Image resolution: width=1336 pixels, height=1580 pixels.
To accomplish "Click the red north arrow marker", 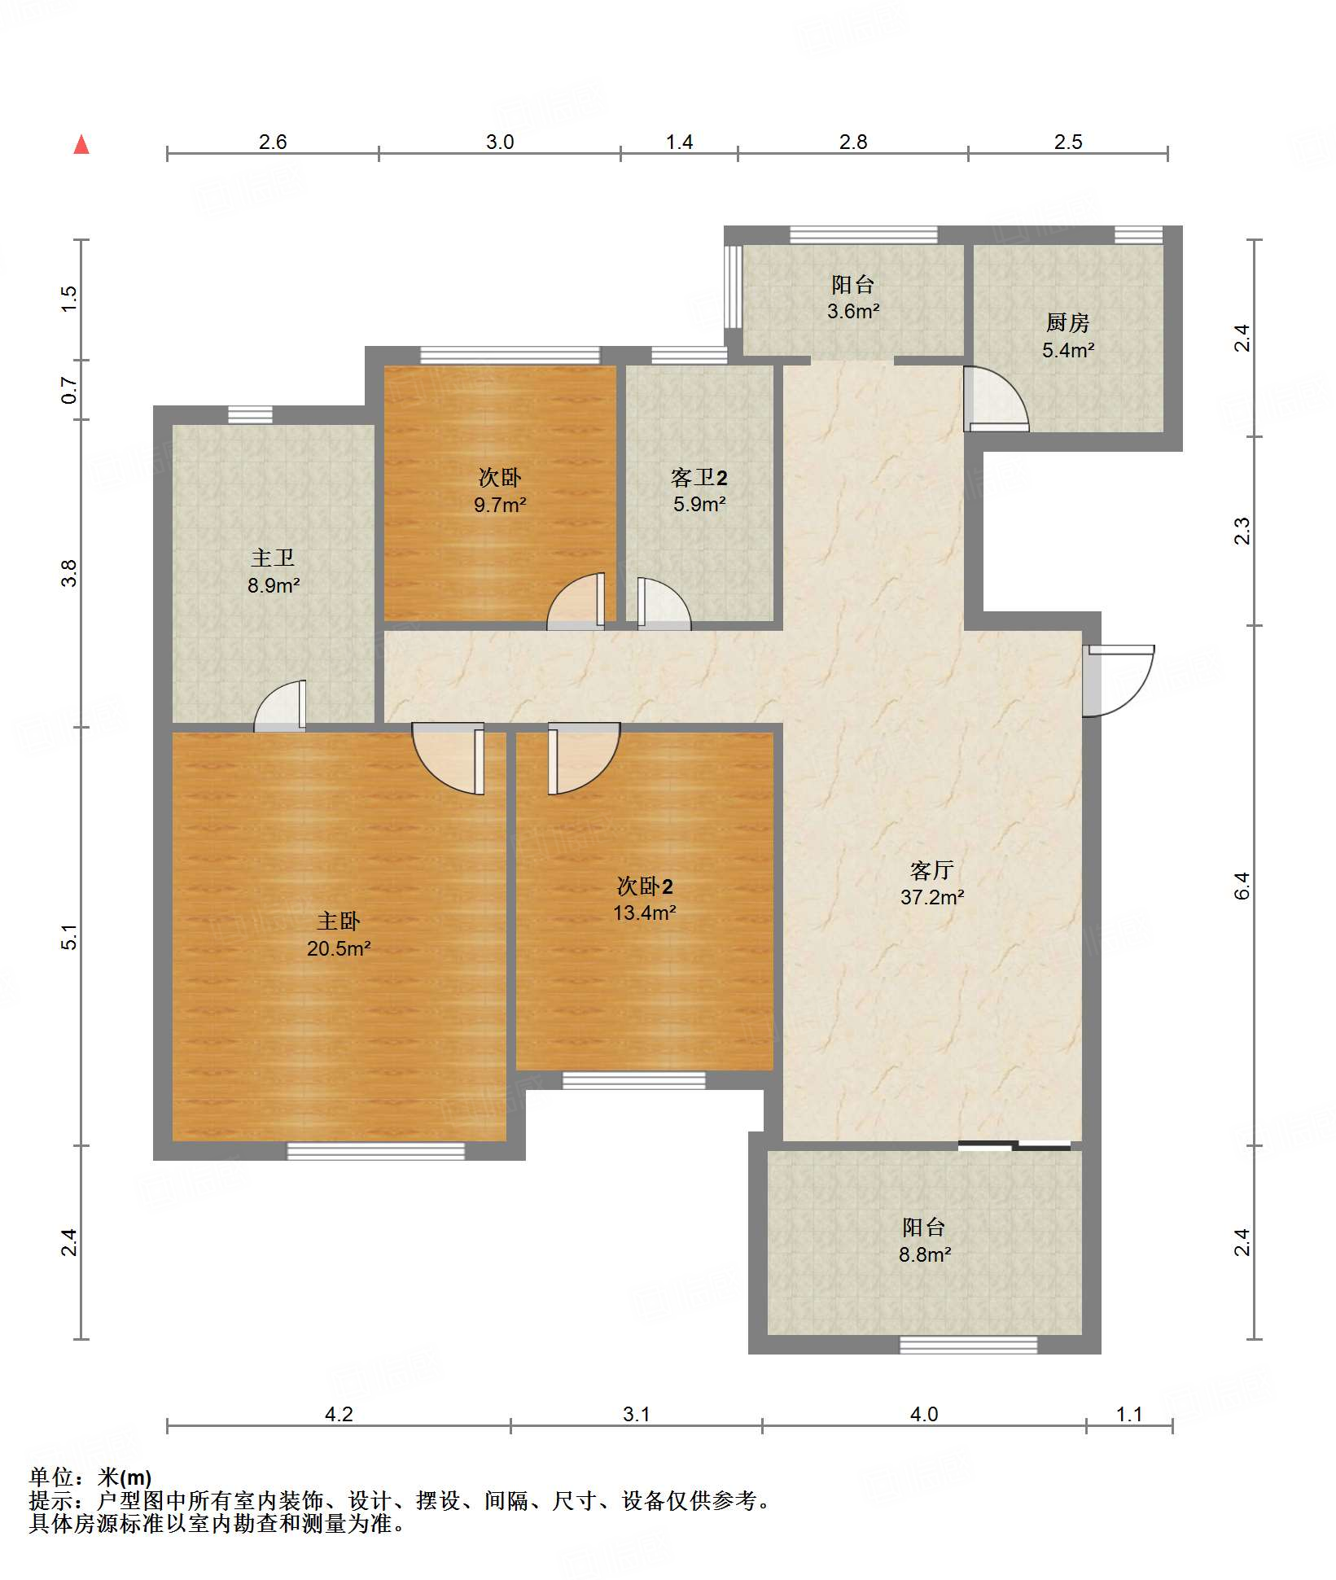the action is [81, 145].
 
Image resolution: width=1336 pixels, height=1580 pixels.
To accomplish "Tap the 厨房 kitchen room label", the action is [1067, 323].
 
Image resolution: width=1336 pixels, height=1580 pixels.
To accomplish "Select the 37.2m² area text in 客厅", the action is [932, 897].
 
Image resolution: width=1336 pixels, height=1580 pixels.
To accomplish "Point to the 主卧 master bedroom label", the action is [338, 921].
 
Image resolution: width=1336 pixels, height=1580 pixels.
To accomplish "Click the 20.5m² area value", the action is [339, 948].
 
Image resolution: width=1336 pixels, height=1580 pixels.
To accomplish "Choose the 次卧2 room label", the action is [645, 886].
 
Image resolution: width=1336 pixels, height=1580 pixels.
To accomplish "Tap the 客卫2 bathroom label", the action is [699, 477].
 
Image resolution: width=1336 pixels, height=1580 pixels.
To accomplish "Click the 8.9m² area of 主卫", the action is [274, 585].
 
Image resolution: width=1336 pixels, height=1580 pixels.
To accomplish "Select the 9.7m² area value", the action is [500, 505].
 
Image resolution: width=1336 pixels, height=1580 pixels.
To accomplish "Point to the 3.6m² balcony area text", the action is [853, 311].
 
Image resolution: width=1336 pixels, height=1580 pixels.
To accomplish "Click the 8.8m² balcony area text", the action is [925, 1254].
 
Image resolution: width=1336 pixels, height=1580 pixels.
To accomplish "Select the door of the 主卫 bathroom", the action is [280, 705].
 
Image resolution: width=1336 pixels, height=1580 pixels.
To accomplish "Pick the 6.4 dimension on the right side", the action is [1242, 886].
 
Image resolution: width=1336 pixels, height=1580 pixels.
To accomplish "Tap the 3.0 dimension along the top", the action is [500, 142].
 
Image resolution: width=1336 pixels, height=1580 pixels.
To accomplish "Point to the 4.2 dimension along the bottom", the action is [339, 1414].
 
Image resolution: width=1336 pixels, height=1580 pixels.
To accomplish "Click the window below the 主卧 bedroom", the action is [376, 1151].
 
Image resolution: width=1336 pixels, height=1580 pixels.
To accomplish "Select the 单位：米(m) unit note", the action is [90, 1477].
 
